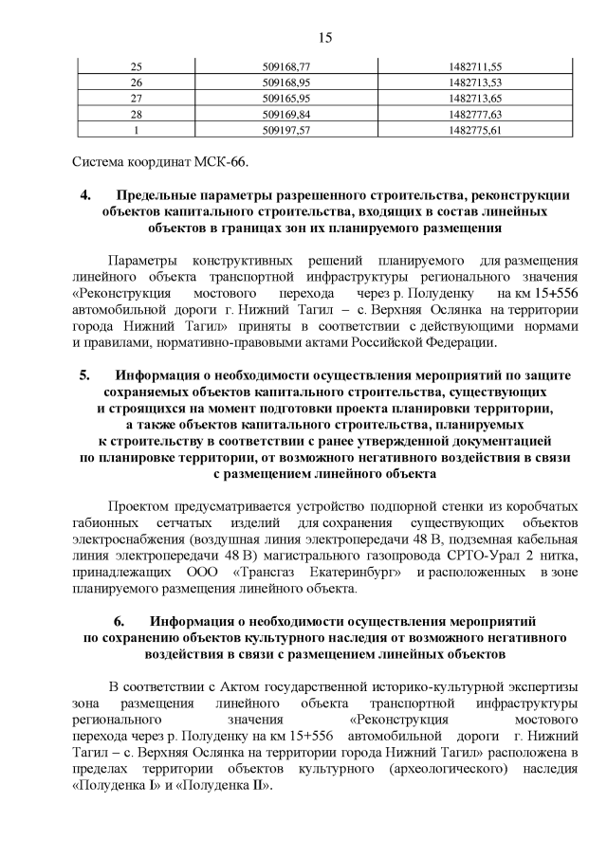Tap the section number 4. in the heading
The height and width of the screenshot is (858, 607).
(x=85, y=196)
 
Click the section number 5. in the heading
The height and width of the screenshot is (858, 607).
(x=85, y=374)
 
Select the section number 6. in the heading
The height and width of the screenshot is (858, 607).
(x=120, y=622)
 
